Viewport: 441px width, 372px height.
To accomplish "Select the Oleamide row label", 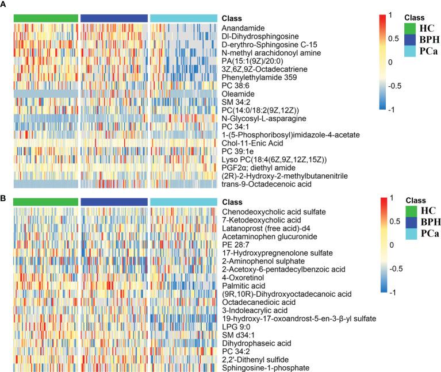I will [238, 93].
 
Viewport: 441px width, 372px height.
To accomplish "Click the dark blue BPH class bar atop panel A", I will [113, 18].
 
